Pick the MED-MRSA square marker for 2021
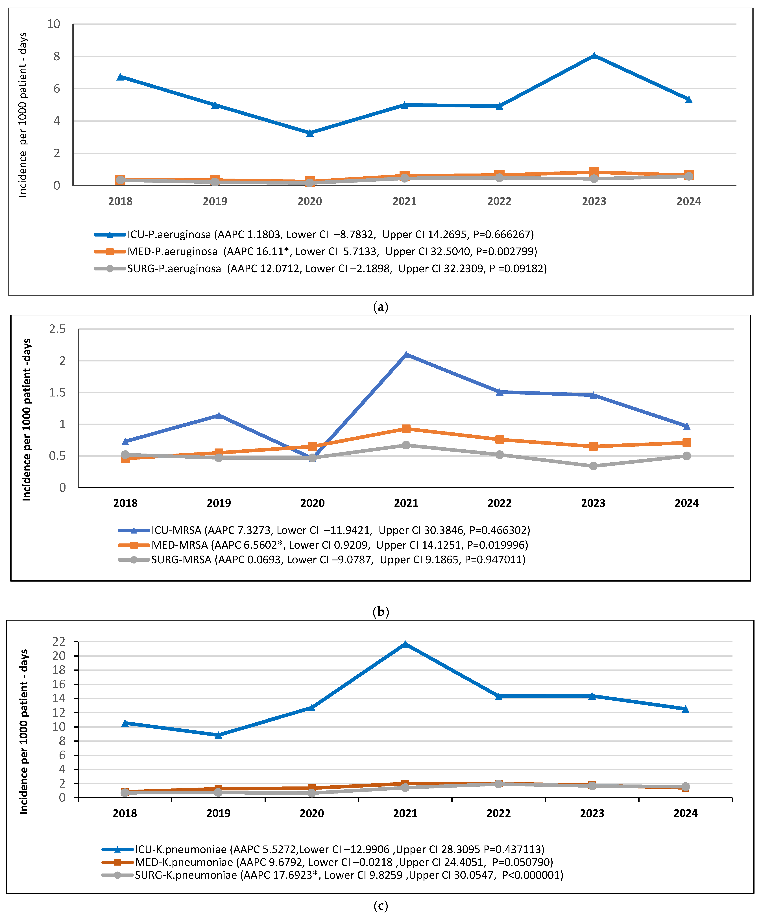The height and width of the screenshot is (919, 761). pos(406,429)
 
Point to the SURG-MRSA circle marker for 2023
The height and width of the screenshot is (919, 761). pos(593,466)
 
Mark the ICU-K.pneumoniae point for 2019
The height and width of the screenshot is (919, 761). pos(218,735)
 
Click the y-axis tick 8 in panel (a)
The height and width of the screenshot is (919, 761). pos(56,57)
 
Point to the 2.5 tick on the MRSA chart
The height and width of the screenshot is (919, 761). pos(57,329)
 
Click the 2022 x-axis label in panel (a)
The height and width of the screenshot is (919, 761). pos(499,201)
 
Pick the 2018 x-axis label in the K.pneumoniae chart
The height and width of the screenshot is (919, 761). pos(125,814)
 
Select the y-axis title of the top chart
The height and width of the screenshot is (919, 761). pos(23,115)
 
